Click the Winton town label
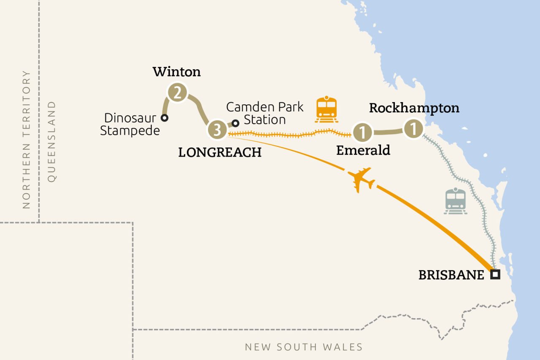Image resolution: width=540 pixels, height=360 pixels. click(x=177, y=72)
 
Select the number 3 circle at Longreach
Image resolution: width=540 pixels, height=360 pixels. click(x=217, y=130)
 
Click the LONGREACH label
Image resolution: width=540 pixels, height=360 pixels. click(x=220, y=152)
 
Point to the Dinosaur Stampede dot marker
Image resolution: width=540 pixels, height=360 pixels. click(x=165, y=118)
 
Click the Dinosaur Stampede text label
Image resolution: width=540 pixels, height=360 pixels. click(x=130, y=124)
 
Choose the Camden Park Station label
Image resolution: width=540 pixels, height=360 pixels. click(x=265, y=113)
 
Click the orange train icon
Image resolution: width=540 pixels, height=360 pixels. click(x=327, y=109)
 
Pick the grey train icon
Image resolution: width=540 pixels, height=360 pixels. click(x=455, y=201)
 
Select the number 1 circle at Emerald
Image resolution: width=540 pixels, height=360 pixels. click(x=362, y=133)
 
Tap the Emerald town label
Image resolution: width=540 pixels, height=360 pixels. click(x=363, y=150)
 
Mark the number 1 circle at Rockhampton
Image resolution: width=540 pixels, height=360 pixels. click(x=413, y=129)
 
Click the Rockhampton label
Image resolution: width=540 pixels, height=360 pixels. click(x=414, y=108)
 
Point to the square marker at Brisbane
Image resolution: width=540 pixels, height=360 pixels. click(x=495, y=275)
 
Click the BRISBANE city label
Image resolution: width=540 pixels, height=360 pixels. click(x=451, y=275)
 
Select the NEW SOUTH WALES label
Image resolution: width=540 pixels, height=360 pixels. click(x=304, y=347)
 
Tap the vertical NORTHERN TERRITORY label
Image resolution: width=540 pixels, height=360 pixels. click(x=27, y=139)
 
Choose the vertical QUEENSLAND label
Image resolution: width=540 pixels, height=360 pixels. click(x=51, y=141)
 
